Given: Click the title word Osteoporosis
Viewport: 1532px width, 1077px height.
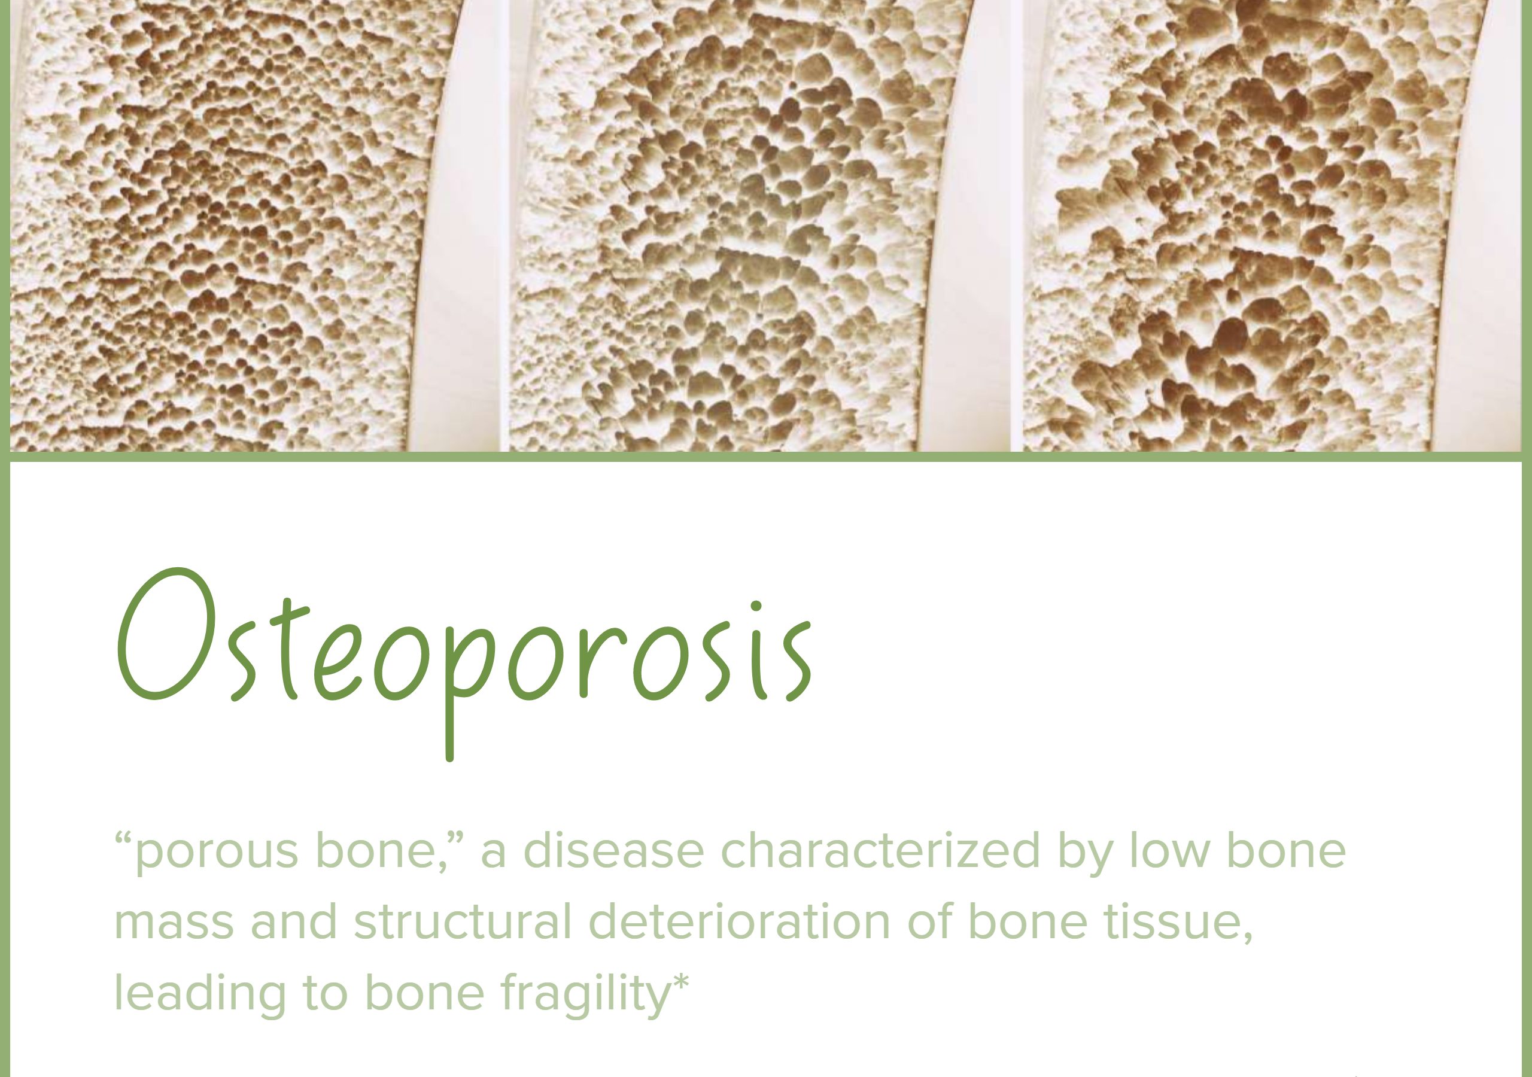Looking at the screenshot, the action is pos(465,664).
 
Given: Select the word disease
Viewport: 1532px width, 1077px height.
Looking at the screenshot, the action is pos(613,850).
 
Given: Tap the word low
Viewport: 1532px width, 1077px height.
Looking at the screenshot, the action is pos(1168,850).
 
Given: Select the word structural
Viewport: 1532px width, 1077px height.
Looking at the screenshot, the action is pos(463,921).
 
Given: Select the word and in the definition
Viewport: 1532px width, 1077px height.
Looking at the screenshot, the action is pos(294,921).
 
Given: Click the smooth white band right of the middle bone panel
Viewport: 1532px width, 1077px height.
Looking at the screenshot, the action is pos(968,227).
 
